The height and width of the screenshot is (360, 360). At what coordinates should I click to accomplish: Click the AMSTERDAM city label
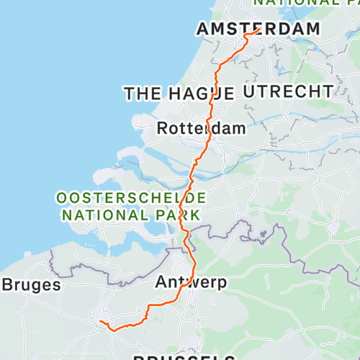[258, 29]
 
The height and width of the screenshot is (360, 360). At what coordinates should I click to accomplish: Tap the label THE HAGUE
[179, 94]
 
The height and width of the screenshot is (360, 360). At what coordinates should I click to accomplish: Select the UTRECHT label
[288, 91]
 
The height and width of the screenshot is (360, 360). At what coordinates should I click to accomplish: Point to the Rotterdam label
[201, 129]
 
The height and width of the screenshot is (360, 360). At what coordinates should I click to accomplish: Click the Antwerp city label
[191, 283]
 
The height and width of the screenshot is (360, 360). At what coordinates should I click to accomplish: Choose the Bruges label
[30, 285]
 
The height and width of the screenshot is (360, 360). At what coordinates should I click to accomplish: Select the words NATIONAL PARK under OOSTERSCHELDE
[132, 214]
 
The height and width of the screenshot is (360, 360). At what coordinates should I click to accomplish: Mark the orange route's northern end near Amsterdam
[258, 30]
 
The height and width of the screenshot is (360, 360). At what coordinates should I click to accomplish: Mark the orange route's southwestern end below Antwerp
[100, 321]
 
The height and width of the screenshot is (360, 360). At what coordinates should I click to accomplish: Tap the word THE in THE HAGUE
[141, 94]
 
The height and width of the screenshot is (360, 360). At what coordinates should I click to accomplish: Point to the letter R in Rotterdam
[163, 129]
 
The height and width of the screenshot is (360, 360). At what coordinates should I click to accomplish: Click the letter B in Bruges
[7, 285]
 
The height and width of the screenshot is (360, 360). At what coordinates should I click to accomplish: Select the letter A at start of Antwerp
[161, 283]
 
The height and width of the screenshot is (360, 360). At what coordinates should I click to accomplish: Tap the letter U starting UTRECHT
[249, 91]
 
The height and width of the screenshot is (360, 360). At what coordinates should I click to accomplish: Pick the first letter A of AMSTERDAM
[202, 29]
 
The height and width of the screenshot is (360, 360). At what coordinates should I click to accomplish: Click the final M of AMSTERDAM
[312, 29]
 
